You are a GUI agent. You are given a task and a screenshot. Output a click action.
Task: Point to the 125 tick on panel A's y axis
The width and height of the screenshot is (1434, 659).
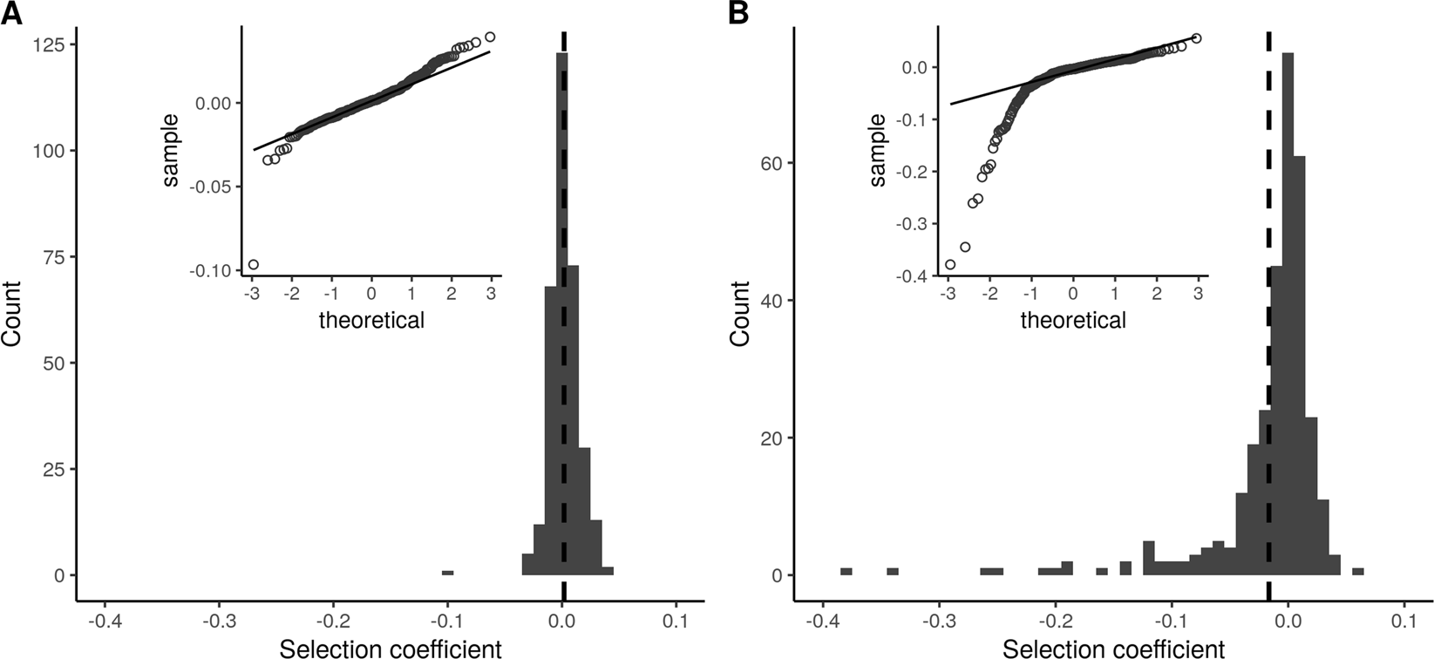coord(53,44)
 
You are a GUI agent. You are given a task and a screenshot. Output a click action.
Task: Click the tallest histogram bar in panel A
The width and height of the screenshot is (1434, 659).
coord(561,314)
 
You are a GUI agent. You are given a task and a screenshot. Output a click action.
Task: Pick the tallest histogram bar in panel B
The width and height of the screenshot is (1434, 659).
coord(1288,314)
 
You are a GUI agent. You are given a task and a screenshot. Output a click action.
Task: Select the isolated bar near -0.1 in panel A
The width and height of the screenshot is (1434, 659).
coord(447,573)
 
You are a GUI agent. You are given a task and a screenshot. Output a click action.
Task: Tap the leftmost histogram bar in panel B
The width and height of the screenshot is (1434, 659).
coord(846,572)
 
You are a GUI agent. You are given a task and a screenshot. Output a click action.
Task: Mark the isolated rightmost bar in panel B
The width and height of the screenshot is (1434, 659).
coord(1357,572)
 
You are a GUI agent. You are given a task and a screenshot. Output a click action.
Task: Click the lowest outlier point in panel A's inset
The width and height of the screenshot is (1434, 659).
coord(254,264)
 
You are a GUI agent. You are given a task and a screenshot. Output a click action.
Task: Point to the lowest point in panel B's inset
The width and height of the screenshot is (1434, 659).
coord(950,264)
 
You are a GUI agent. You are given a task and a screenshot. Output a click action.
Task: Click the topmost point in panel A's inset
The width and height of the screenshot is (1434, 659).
coord(490,37)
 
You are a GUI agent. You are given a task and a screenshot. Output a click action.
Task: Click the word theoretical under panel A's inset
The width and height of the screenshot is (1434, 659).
coord(371,321)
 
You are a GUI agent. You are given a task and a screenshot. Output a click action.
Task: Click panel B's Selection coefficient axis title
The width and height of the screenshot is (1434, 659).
coord(1113,648)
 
